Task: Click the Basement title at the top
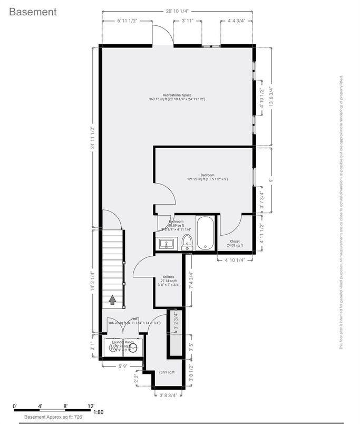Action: click(x=33, y=12)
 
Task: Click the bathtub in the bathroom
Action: click(x=206, y=233)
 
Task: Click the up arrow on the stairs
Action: click(x=112, y=300)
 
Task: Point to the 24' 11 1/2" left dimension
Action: click(x=93, y=137)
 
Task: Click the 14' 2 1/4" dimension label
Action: click(x=93, y=282)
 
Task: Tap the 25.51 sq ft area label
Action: click(x=167, y=372)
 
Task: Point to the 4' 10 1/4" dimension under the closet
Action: click(x=236, y=260)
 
